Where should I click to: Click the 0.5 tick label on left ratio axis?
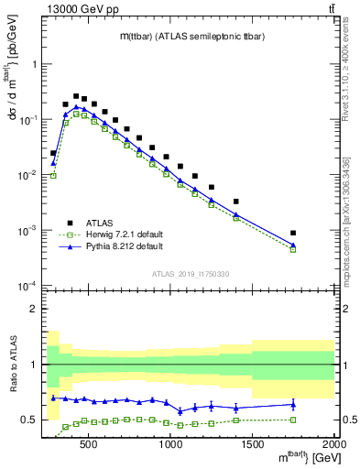click(x=28, y=420)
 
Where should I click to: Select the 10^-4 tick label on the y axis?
click(x=27, y=286)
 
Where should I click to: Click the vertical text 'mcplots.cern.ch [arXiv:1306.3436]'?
click(x=352, y=220)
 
